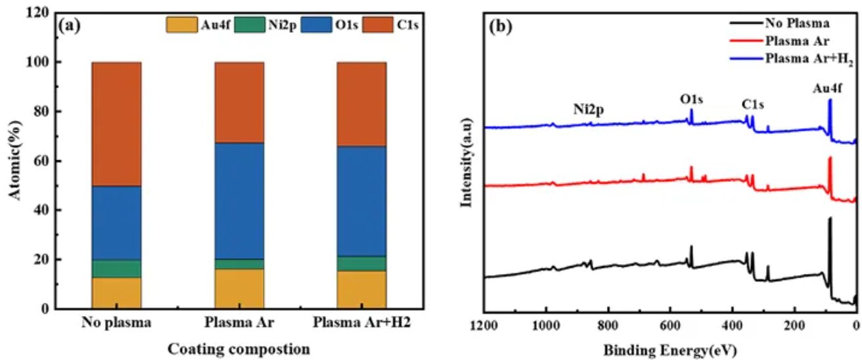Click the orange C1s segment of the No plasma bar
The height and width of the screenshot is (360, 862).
(116, 124)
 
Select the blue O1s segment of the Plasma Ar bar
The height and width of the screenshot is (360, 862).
(239, 201)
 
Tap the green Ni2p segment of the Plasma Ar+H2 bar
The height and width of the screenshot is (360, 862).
(362, 263)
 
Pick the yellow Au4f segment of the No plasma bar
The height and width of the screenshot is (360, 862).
(116, 293)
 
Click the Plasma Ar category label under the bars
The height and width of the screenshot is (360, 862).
(239, 323)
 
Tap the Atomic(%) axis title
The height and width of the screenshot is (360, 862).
(14, 161)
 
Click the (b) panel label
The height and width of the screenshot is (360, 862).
(498, 28)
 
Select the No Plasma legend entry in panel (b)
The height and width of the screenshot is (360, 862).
(796, 24)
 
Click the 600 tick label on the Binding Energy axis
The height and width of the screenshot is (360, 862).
(670, 325)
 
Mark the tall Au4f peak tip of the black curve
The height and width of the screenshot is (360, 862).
(830, 218)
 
